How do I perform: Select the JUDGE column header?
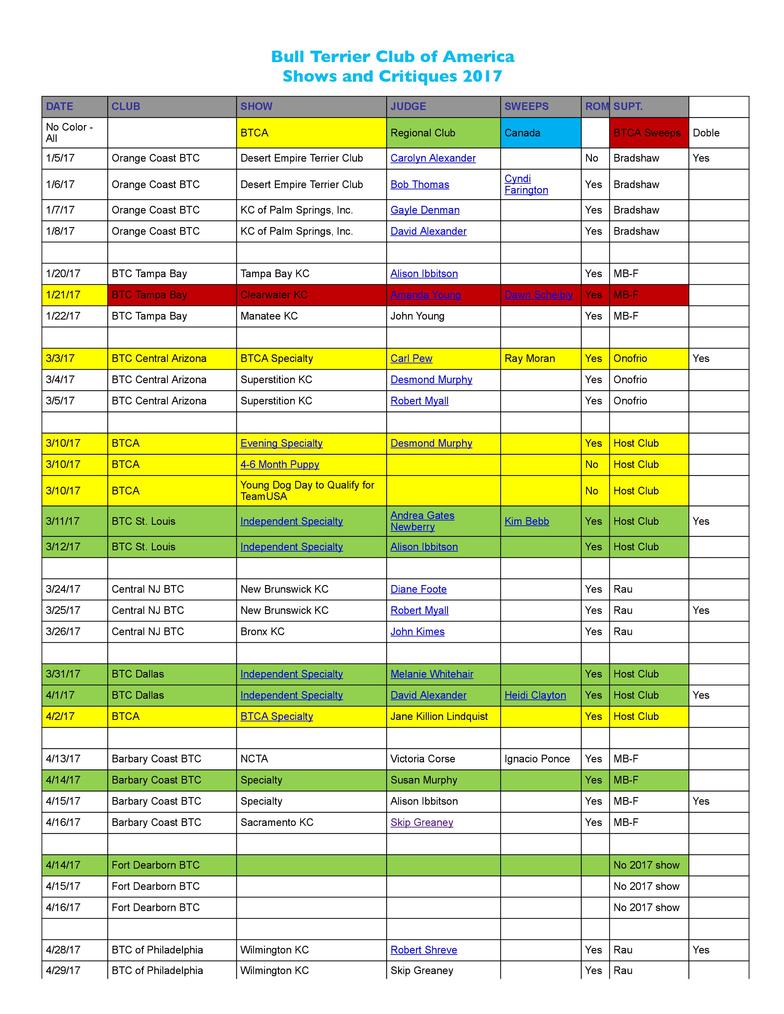point(408,106)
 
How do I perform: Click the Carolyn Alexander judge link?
point(433,158)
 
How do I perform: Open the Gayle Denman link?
point(425,210)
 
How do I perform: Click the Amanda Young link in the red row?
point(426,295)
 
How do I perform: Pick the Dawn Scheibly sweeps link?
point(538,295)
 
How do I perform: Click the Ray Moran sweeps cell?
point(529,358)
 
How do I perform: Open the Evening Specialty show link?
point(281,443)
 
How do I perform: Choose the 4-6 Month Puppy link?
point(279,465)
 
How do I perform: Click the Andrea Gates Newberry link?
point(422,521)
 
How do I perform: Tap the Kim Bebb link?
point(527,521)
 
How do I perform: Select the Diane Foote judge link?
point(418,589)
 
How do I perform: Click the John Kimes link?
point(418,632)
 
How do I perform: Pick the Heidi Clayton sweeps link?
point(535,695)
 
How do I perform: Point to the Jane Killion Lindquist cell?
point(439,716)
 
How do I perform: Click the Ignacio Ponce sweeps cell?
point(537,759)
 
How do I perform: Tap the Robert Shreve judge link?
point(424,950)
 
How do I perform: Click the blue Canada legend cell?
point(540,133)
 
